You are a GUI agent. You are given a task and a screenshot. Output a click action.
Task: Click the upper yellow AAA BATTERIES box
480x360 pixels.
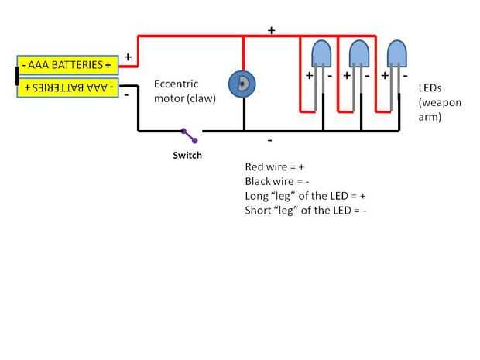click(67, 65)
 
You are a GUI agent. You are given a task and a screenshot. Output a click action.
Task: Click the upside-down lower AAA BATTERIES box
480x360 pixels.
click(67, 87)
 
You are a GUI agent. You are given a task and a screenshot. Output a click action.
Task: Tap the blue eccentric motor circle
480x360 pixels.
click(242, 84)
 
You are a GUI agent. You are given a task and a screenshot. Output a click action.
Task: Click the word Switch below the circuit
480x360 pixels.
click(187, 156)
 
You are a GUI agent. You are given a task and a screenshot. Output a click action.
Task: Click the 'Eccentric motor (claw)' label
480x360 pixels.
click(185, 91)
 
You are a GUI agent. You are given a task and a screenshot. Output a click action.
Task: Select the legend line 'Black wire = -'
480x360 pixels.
click(278, 181)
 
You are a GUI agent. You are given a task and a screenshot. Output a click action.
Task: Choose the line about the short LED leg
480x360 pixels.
click(306, 210)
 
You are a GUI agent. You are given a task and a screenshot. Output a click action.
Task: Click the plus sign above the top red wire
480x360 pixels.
click(272, 30)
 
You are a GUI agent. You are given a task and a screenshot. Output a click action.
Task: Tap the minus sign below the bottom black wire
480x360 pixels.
click(269, 141)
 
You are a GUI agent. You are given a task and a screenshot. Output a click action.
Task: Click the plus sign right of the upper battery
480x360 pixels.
click(128, 57)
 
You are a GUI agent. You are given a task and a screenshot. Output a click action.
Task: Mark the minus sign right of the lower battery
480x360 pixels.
click(126, 94)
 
